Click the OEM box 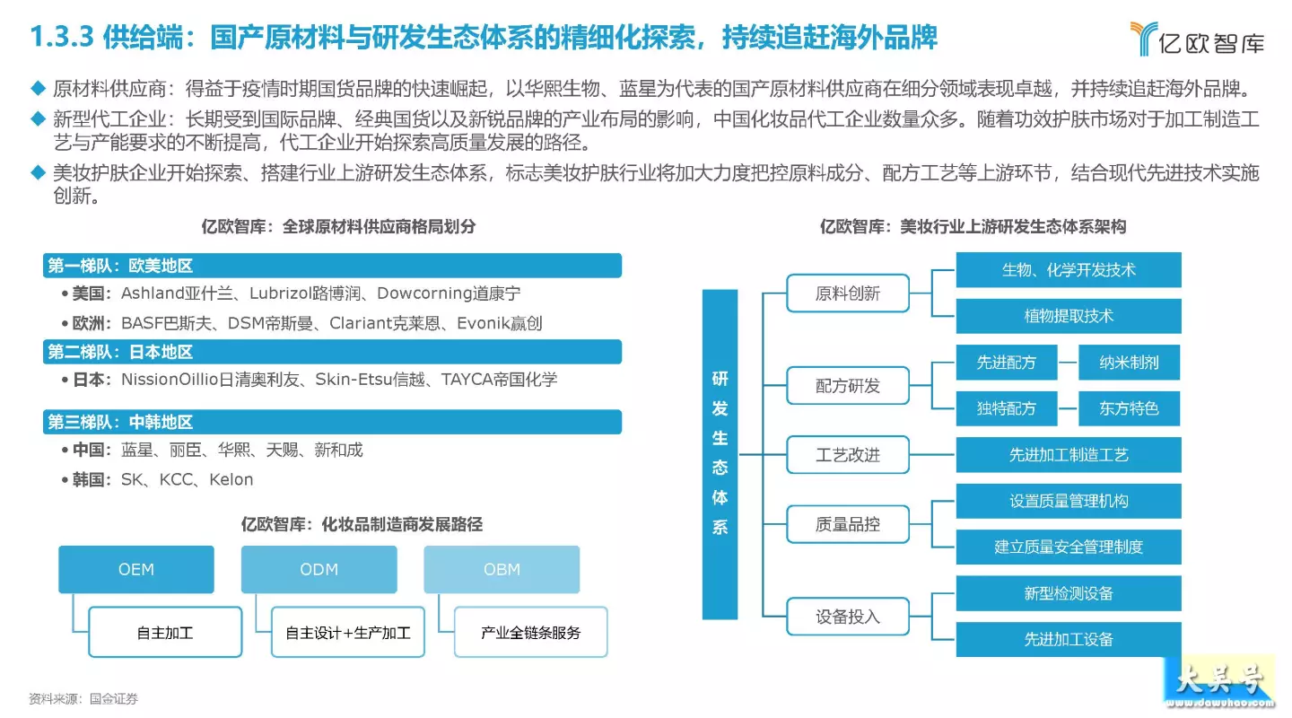[136, 569]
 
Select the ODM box [319, 569]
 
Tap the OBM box [502, 569]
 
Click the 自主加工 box [165, 632]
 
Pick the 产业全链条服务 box [530, 632]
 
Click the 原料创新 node [847, 293]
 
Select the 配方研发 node [847, 385]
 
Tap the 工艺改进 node [847, 455]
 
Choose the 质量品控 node [847, 524]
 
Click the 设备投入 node [847, 617]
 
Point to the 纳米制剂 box [1129, 362]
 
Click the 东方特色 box [1129, 408]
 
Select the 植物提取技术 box [1069, 316]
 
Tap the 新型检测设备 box [1069, 592]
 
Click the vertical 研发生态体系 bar [720, 454]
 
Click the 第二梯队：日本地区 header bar [332, 352]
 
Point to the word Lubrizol [280, 293]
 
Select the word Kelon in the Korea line [231, 479]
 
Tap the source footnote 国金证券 [114, 699]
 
